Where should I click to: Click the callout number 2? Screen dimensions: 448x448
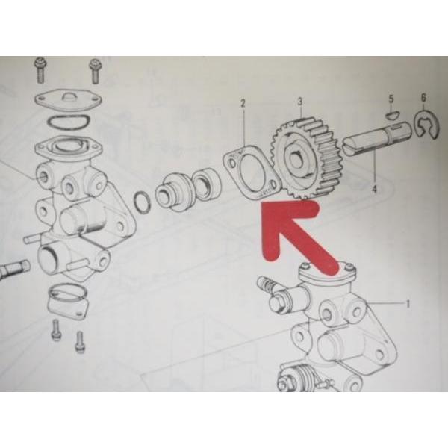(243, 103)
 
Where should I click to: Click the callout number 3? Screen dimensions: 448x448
(299, 101)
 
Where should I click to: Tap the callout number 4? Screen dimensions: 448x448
(375, 189)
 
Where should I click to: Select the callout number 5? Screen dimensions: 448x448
(391, 99)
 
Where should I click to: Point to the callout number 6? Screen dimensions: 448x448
(423, 97)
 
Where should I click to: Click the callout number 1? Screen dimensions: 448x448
(408, 304)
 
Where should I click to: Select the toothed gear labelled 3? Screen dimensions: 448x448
(305, 159)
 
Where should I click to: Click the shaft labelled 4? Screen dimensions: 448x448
(377, 139)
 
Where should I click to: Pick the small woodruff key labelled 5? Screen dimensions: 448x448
(391, 115)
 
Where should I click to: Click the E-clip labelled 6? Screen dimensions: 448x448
(426, 125)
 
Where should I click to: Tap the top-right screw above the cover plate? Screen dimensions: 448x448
(94, 71)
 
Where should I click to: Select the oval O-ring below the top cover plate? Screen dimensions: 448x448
(69, 123)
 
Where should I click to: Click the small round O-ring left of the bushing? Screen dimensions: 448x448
(141, 202)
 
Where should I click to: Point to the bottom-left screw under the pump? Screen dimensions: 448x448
(56, 330)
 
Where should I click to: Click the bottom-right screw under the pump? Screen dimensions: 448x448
(79, 342)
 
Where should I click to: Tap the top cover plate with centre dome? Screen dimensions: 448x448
(69, 101)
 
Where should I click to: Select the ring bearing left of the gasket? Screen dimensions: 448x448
(207, 184)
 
